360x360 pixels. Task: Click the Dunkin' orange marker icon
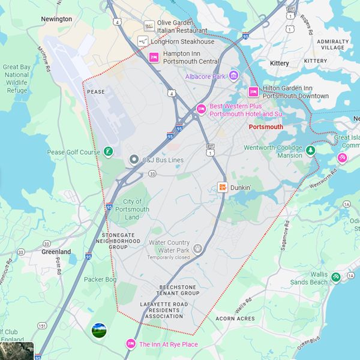pyautogui.click(x=223, y=187)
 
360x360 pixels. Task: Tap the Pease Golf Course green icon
pyautogui.click(x=108, y=152)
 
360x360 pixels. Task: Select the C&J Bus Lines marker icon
pyautogui.click(x=134, y=160)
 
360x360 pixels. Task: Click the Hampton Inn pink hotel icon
pyautogui.click(x=153, y=57)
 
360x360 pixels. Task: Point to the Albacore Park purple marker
pyautogui.click(x=233, y=76)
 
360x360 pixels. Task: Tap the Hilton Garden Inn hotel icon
pyautogui.click(x=253, y=92)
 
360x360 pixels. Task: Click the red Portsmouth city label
pyautogui.click(x=265, y=127)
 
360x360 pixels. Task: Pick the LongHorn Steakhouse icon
pyautogui.click(x=143, y=41)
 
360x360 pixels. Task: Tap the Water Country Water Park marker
pyautogui.click(x=197, y=248)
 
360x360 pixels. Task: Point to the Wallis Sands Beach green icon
pyautogui.click(x=335, y=277)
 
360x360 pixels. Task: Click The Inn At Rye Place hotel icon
pyautogui.click(x=130, y=344)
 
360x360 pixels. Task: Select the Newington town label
pyautogui.click(x=56, y=19)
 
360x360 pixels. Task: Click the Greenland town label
pyautogui.click(x=56, y=252)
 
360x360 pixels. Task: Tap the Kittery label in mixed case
pyautogui.click(x=280, y=63)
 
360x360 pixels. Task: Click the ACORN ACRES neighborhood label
pyautogui.click(x=235, y=319)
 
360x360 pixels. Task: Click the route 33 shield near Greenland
pyautogui.click(x=46, y=244)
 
